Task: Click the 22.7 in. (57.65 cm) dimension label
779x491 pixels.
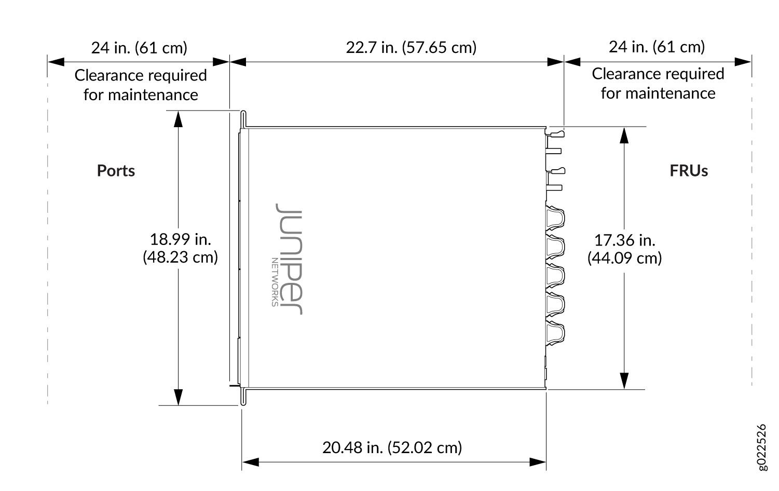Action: (x=411, y=48)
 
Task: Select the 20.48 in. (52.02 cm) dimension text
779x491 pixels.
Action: (x=392, y=447)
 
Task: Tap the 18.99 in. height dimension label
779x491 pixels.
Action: (x=180, y=248)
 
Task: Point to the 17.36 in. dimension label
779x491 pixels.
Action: (x=624, y=249)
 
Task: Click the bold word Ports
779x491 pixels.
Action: (x=116, y=171)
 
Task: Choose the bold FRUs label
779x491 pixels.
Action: (x=689, y=171)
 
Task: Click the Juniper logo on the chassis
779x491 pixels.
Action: (x=289, y=259)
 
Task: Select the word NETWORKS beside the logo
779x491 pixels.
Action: (x=275, y=282)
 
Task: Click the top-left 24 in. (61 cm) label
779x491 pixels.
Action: (x=139, y=48)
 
